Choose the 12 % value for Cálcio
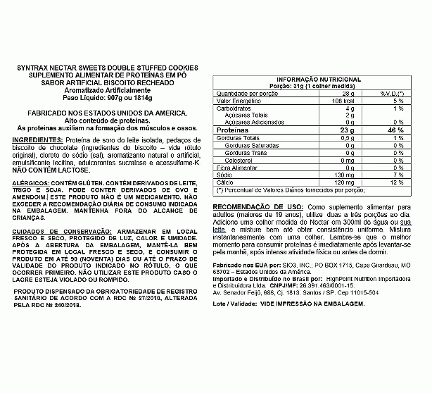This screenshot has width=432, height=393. point(398,182)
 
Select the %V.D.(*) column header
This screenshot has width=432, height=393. point(392,93)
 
